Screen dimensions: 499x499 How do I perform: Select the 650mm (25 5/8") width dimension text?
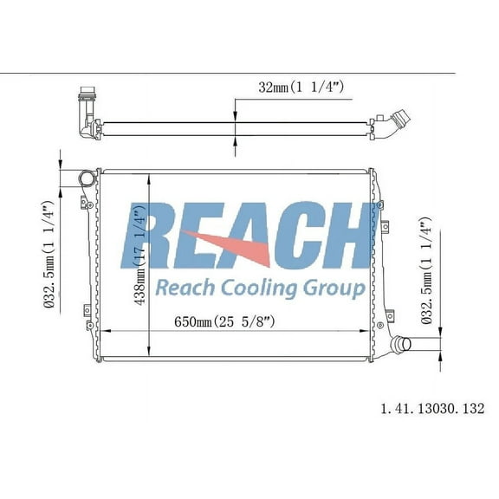(x=224, y=322)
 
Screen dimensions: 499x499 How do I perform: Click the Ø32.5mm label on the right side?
(x=426, y=272)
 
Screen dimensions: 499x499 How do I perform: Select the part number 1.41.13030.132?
(x=431, y=406)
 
